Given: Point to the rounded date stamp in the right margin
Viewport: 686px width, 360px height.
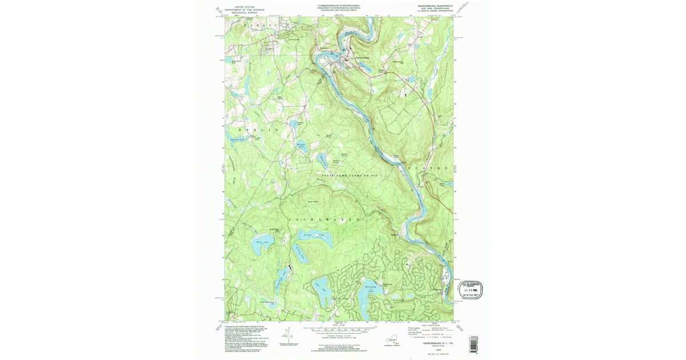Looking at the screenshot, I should [470, 290].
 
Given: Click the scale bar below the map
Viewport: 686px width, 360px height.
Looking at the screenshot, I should [337, 329].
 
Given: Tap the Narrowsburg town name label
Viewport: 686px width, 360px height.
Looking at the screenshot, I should [361, 57].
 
